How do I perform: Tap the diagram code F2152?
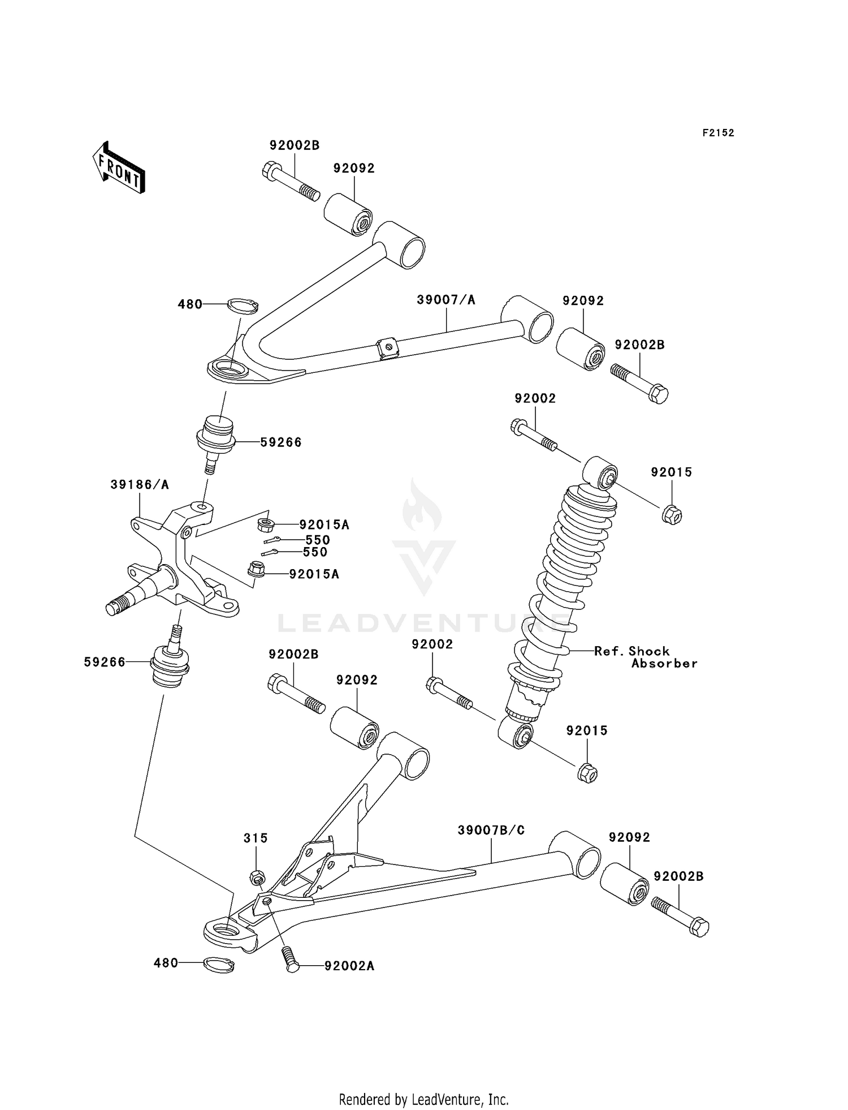tap(718, 133)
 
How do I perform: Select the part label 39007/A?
tap(445, 300)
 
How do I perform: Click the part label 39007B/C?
tap(491, 830)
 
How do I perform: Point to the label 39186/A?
tap(140, 485)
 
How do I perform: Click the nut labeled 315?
tap(257, 877)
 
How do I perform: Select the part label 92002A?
tap(349, 966)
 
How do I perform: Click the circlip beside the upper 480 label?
tap(243, 305)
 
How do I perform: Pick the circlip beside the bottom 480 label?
tap(219, 965)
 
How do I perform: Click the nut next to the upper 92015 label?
tap(672, 514)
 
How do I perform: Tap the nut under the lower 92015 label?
tap(587, 773)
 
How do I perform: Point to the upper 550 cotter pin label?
tap(317, 540)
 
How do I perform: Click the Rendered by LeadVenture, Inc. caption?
tap(423, 1099)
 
